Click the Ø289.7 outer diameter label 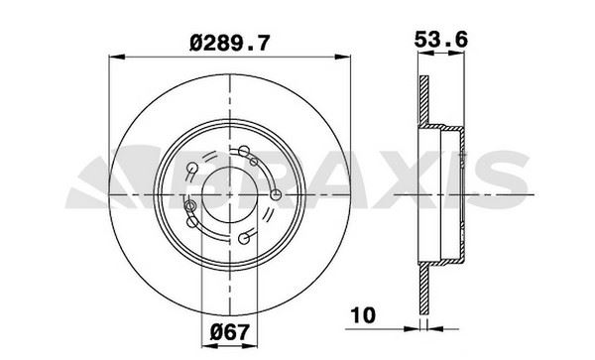[230, 43]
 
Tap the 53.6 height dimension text [441, 40]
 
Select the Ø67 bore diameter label [230, 332]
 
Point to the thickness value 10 [363, 315]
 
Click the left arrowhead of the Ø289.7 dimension [116, 57]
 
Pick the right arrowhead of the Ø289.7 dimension [343, 57]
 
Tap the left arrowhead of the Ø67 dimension [209, 346]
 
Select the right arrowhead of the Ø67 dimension [250, 346]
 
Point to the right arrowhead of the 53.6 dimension [456, 54]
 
